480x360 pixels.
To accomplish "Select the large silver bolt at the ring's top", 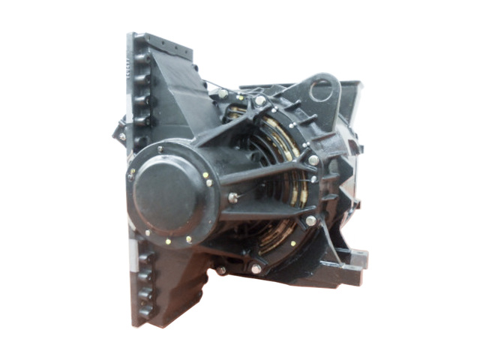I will click(259, 100).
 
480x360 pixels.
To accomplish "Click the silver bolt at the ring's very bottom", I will click(256, 268).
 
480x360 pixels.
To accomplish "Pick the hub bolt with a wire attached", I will click(233, 198).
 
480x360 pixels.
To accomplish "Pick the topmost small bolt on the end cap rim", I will click(160, 149).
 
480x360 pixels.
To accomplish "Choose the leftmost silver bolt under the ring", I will click(222, 270).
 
